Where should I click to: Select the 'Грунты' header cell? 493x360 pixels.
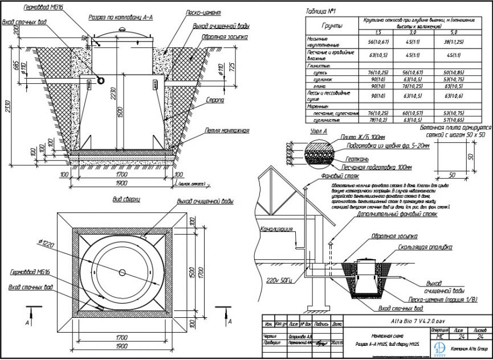pyautogui.click(x=332, y=26)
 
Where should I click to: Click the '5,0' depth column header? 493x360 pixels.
pyautogui.click(x=454, y=33)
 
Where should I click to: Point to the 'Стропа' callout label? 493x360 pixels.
pyautogui.click(x=216, y=100)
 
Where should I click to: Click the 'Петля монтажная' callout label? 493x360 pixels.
pyautogui.click(x=227, y=130)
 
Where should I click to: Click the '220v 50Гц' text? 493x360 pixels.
pyautogui.click(x=278, y=280)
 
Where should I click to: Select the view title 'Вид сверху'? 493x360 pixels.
pyautogui.click(x=127, y=201)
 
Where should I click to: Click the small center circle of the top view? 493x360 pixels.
pyautogui.click(x=123, y=273)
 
